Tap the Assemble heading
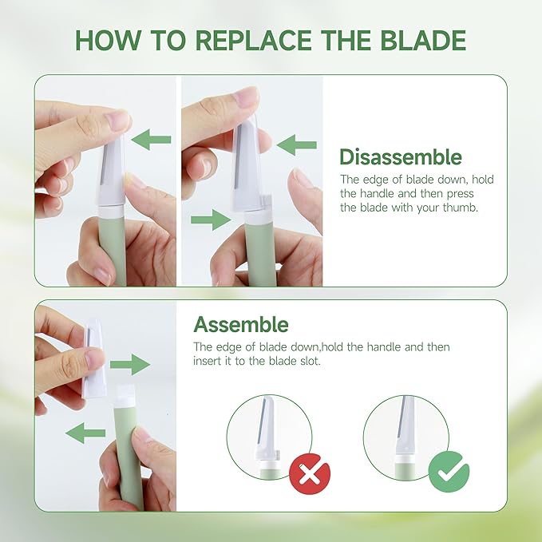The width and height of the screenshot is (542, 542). point(241,325)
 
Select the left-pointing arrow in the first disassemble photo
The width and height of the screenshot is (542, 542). point(151,141)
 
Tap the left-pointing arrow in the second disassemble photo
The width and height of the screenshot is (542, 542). point(296,145)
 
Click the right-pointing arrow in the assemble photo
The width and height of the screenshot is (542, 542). point(129,366)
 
